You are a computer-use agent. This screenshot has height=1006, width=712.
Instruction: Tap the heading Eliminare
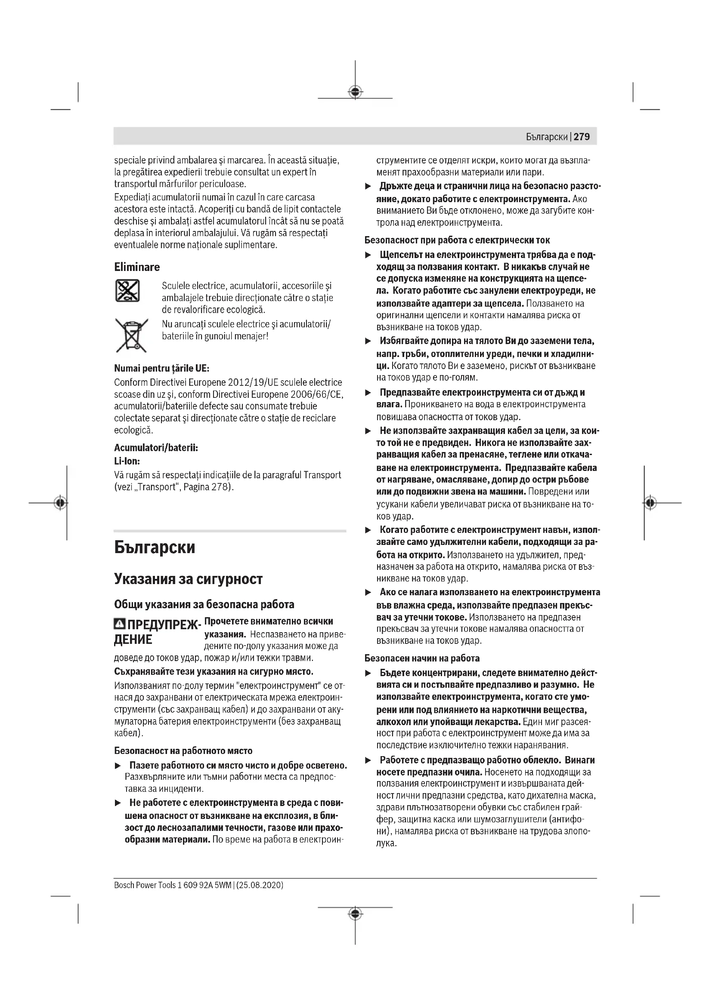(x=137, y=267)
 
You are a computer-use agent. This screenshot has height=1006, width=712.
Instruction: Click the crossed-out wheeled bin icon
(x=131, y=335)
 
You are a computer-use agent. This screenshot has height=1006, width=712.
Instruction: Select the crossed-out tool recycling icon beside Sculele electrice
(x=127, y=290)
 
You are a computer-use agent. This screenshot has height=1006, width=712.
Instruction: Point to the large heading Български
(x=155, y=548)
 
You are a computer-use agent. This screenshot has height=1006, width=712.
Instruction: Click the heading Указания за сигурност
(x=188, y=579)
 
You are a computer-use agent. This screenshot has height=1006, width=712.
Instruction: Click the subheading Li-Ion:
(x=127, y=461)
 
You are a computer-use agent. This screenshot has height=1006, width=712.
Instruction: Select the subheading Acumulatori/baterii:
(x=156, y=448)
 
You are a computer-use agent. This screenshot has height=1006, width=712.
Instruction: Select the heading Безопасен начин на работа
(x=422, y=658)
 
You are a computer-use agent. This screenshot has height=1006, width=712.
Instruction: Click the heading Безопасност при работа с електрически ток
(x=457, y=240)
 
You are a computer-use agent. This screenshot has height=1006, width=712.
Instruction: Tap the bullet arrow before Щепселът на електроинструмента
(x=369, y=255)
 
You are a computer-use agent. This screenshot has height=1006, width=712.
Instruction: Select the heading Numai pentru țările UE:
(x=161, y=368)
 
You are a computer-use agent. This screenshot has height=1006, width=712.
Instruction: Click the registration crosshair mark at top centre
(x=355, y=92)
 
